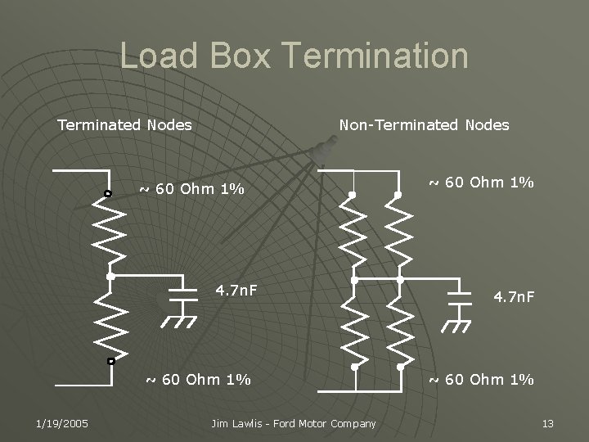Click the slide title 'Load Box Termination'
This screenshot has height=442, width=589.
[x=294, y=56]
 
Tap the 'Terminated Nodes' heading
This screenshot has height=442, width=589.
[x=124, y=125]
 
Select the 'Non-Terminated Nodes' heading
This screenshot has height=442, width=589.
[x=424, y=125]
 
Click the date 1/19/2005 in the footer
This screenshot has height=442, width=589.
[x=62, y=423]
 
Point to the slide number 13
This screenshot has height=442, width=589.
[x=548, y=423]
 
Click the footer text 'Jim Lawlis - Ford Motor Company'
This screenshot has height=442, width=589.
[x=294, y=423]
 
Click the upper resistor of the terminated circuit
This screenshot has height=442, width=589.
[x=109, y=233]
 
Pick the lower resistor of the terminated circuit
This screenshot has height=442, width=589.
[x=109, y=319]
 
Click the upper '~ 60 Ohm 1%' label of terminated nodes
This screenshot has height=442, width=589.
[x=191, y=189]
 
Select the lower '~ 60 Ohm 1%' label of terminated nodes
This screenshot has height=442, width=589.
[x=198, y=380]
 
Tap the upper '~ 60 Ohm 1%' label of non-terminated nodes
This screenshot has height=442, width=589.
[x=482, y=183]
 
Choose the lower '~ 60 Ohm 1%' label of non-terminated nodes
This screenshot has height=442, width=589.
[x=482, y=380]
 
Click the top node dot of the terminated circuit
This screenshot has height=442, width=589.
[x=108, y=194]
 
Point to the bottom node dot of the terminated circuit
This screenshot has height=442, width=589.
[x=110, y=360]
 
